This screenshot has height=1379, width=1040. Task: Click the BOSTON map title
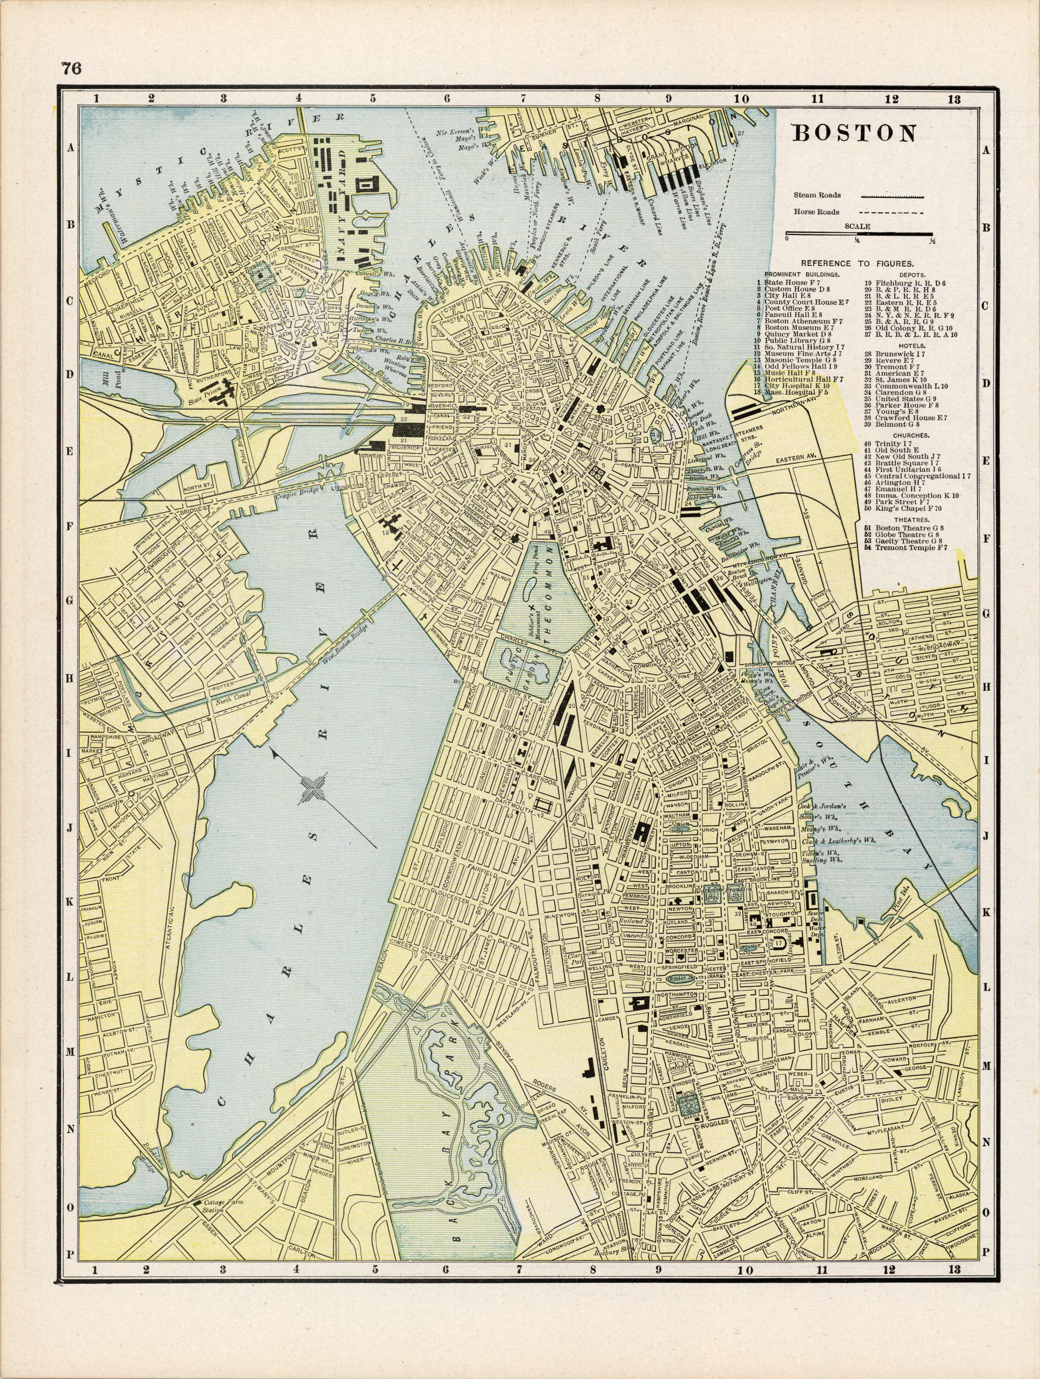point(854,134)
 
